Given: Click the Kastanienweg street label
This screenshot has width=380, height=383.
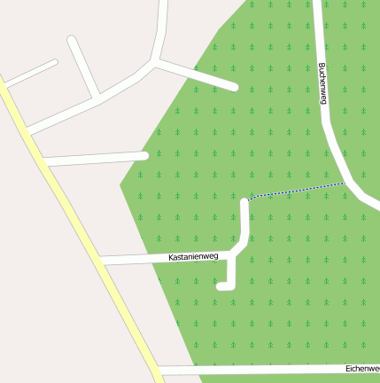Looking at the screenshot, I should coord(193,256).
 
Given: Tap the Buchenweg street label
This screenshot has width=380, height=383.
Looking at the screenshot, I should coord(322,84).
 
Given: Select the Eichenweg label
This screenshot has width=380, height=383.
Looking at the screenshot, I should coord(362,367).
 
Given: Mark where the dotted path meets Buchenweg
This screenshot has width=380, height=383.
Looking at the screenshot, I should coord(345,183).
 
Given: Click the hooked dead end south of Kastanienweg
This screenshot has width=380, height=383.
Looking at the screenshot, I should coord(221,285).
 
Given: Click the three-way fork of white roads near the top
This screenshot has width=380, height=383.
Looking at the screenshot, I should coord(157,62).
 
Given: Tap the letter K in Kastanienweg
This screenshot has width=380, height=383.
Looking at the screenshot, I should coord(171,258).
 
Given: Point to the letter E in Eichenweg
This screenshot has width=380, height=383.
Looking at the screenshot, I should coord(347,367).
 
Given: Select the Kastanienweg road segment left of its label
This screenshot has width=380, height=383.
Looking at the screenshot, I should coord(133,259).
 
